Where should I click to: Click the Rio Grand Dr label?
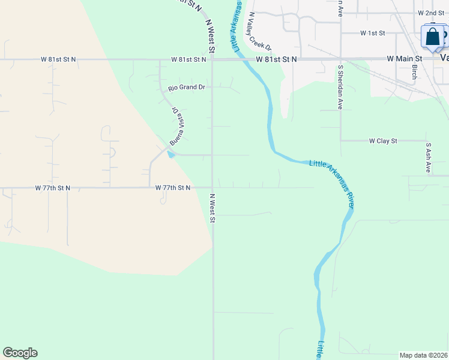coord(187,88)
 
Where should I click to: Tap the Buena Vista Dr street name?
coord(177,127)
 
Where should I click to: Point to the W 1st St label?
coord(372,32)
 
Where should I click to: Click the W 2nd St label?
coord(431,13)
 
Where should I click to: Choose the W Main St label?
coord(405,59)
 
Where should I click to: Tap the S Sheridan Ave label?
coord(340,87)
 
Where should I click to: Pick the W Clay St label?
coord(383,141)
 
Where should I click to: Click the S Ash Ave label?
coord(428,158)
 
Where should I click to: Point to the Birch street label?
coord(414,72)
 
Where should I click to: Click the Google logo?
coord(20,353)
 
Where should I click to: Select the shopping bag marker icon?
coord(432,37)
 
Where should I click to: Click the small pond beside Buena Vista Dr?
coord(172,155)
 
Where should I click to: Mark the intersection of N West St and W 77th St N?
coord(212,187)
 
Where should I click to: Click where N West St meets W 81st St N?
coord(212,59)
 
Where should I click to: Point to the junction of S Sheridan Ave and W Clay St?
coord(340,141)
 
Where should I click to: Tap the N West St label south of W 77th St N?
coord(212,208)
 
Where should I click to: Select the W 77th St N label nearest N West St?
coord(173,188)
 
